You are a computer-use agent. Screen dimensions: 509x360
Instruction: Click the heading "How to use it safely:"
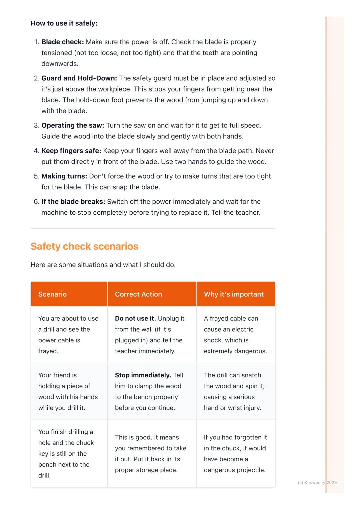tap(64, 23)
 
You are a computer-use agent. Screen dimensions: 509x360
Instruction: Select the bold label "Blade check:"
tap(62, 42)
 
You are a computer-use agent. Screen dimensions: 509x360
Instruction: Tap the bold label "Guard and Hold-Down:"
tap(79, 78)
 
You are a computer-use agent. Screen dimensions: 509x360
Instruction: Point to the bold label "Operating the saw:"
tap(73, 125)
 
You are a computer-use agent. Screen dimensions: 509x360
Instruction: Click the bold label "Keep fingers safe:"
tap(71, 151)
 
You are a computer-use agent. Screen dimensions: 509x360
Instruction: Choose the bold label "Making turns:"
tap(64, 176)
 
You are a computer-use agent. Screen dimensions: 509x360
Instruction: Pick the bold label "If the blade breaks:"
tap(73, 202)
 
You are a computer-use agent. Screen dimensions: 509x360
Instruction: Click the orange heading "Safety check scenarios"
tap(84, 246)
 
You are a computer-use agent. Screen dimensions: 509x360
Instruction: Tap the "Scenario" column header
tap(52, 294)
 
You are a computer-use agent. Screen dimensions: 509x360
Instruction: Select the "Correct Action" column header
tap(138, 294)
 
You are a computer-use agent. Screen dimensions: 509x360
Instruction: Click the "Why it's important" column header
tap(234, 294)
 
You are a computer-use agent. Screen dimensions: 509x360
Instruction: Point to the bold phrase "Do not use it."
tap(135, 318)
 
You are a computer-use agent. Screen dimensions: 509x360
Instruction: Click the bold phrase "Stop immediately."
tap(143, 375)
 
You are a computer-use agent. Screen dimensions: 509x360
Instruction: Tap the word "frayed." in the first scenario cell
tap(48, 351)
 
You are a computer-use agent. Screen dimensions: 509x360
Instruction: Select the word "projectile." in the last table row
tap(251, 470)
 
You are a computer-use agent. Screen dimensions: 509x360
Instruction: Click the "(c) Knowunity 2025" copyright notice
tap(317, 482)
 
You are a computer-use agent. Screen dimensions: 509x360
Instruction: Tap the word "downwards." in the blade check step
tap(60, 64)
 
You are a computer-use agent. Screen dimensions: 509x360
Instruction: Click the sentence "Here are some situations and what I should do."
tap(103, 265)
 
